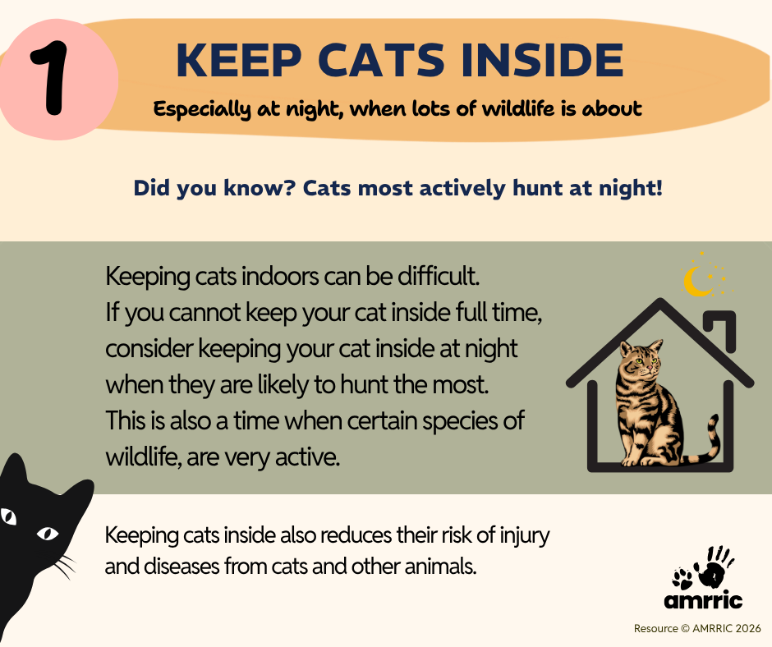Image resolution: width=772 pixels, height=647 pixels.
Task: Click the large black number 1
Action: click(50, 78)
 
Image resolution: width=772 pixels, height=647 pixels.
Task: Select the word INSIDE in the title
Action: click(543, 60)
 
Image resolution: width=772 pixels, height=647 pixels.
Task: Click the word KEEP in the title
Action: click(239, 60)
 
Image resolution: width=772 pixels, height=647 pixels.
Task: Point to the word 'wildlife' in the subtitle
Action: click(518, 108)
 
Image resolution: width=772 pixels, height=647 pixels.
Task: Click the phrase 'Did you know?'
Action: click(214, 188)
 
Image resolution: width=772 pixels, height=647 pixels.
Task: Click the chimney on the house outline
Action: click(721, 330)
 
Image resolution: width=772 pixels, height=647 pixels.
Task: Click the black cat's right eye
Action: click(48, 533)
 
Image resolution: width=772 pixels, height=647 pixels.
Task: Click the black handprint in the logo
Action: click(714, 567)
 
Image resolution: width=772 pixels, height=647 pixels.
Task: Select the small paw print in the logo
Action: click(682, 578)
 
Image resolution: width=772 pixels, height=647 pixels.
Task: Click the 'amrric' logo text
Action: click(703, 600)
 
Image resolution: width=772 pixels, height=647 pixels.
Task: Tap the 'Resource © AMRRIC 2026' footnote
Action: click(697, 628)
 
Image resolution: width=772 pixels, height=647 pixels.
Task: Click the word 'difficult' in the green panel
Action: click(439, 276)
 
